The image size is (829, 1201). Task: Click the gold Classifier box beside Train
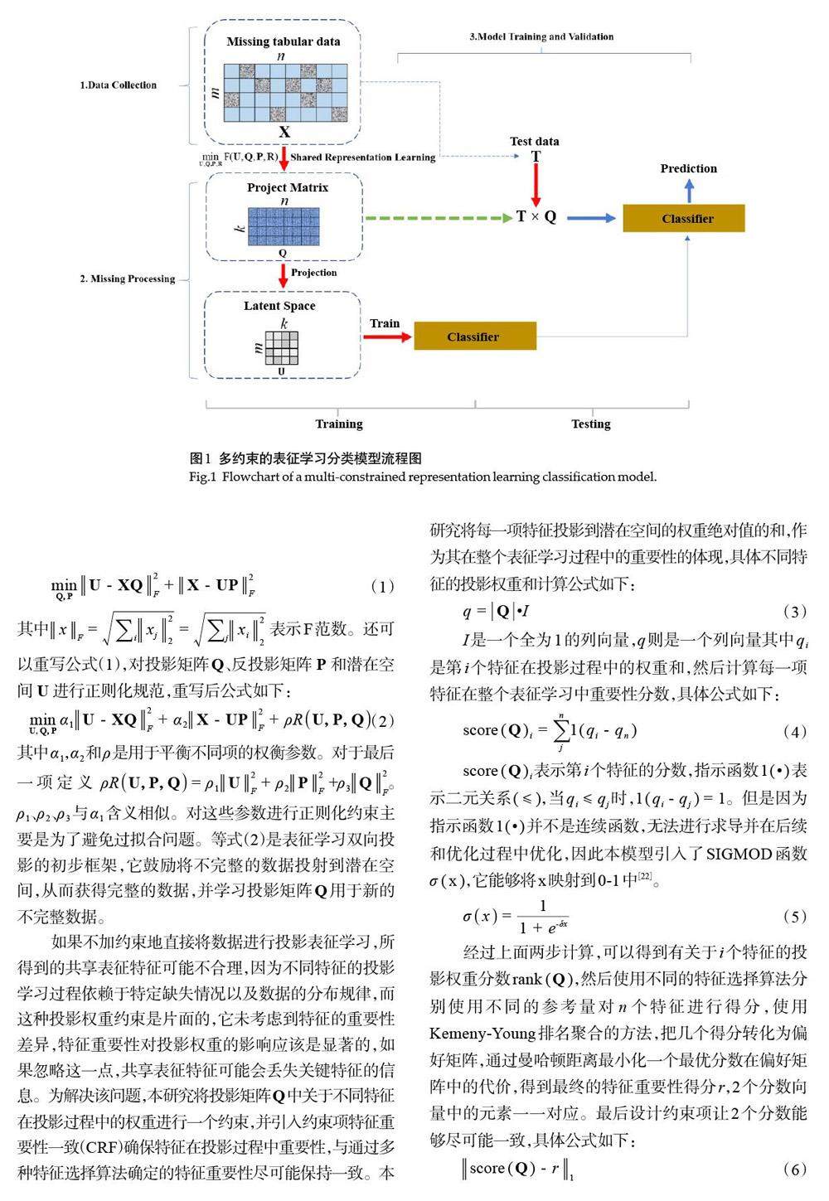click(x=474, y=337)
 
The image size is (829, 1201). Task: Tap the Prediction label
click(x=688, y=168)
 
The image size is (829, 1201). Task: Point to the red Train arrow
click(x=386, y=337)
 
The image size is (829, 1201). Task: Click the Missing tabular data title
click(x=284, y=41)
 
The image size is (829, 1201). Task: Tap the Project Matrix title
click(x=287, y=187)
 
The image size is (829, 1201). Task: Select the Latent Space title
click(x=279, y=306)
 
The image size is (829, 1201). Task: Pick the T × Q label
click(x=536, y=217)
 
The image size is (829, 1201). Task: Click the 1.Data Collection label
click(x=118, y=85)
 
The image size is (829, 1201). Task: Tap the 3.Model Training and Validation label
click(x=541, y=36)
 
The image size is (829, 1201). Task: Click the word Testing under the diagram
click(x=590, y=424)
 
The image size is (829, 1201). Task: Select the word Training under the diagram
click(x=339, y=424)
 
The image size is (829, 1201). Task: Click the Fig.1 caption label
click(x=202, y=477)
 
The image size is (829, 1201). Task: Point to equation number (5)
click(x=793, y=917)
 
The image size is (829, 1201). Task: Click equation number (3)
click(x=793, y=613)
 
